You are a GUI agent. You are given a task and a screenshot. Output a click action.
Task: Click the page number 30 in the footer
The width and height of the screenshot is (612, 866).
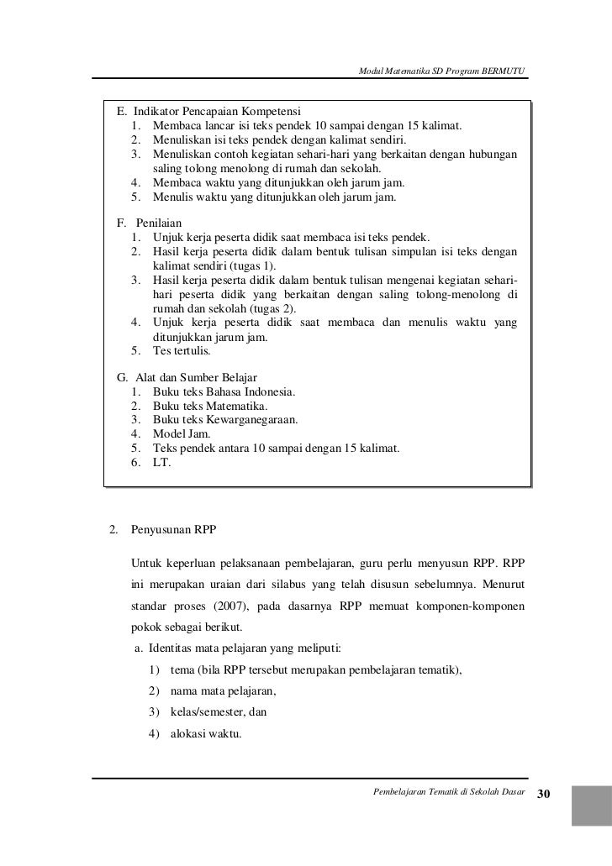click(543, 795)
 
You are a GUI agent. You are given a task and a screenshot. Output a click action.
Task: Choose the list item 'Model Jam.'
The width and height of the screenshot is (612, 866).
click(182, 433)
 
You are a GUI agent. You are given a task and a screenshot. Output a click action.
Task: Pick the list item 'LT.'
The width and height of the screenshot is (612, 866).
click(161, 462)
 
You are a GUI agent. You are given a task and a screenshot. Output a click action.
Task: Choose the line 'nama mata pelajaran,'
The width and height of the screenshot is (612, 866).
click(223, 691)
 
